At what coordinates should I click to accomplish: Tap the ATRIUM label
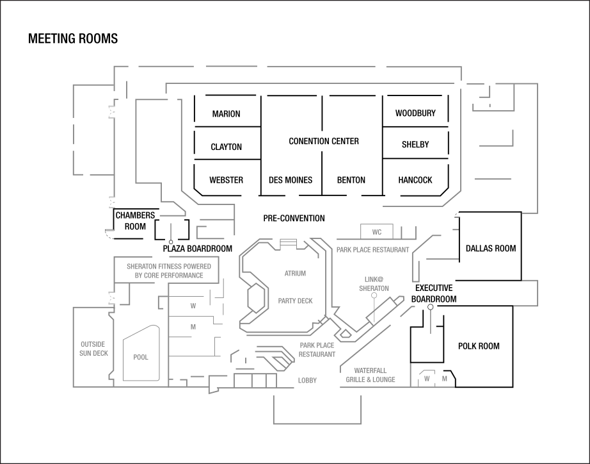point(295,274)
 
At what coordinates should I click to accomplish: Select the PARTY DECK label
point(295,301)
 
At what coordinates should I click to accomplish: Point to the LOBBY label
point(307,380)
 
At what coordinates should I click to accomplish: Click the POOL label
point(141,357)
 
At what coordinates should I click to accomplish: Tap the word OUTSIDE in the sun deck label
point(93,344)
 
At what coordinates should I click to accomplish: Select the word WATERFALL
point(371,370)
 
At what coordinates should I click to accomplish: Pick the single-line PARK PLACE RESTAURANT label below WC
point(372,249)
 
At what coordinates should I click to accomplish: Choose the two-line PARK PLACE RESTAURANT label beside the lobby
point(317,349)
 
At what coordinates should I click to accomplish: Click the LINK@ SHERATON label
point(374,283)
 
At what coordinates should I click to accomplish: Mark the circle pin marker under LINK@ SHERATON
point(374,296)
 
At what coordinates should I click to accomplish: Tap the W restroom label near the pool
point(193,306)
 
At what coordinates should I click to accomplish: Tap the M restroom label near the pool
point(193,327)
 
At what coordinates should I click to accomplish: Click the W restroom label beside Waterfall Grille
point(427,379)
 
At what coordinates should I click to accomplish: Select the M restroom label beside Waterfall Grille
point(444,379)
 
